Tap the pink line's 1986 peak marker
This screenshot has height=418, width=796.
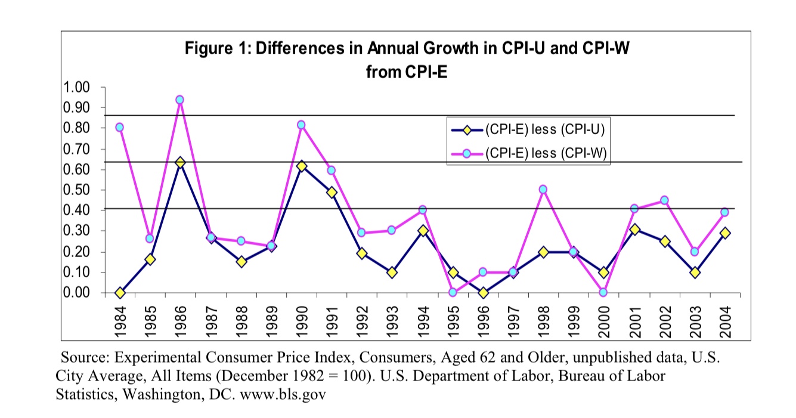tap(180, 100)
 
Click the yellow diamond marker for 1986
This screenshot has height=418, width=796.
tap(180, 162)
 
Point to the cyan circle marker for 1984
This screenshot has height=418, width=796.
tap(119, 127)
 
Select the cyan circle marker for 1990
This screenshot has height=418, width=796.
tap(301, 125)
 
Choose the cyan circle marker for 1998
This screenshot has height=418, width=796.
tap(543, 189)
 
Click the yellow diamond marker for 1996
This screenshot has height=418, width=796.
tap(483, 293)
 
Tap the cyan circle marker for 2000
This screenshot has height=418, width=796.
tap(604, 292)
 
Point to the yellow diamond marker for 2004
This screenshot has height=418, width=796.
tap(725, 233)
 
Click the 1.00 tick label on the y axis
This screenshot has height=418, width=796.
tap(76, 87)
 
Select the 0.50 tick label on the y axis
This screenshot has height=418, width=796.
tap(76, 190)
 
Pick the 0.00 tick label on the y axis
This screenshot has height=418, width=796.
tap(76, 293)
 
